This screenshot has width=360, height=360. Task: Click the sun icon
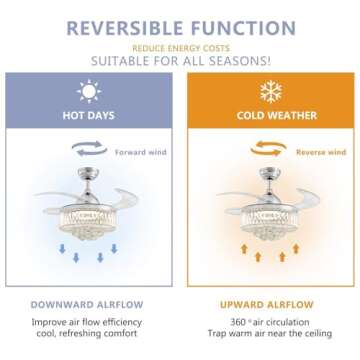pos(90,93)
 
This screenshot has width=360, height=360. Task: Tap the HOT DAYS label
pos(90,116)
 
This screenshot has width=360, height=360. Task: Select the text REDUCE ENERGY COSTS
pos(179,46)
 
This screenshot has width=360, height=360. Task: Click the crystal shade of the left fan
pos(90,215)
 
